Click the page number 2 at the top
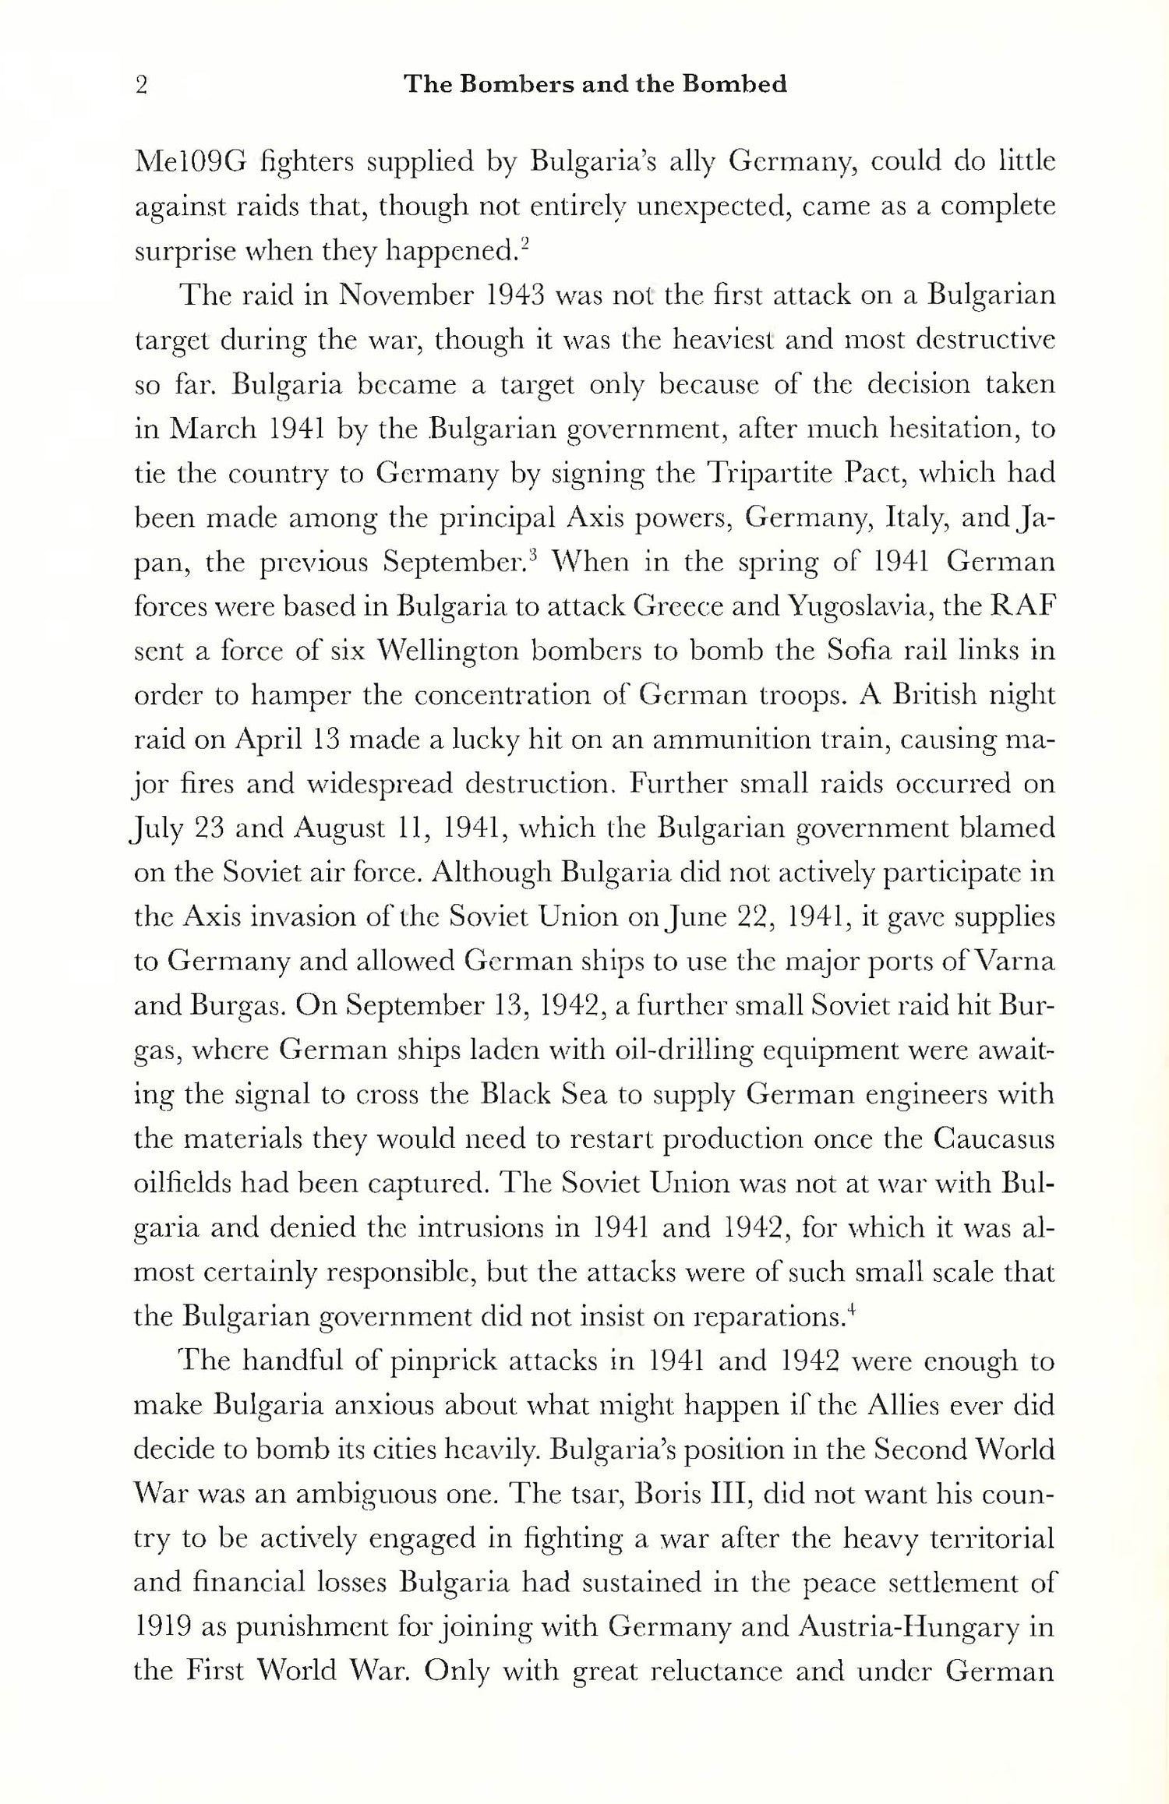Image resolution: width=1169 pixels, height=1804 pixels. (141, 85)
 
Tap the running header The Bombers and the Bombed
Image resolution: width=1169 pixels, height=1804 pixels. (595, 84)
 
